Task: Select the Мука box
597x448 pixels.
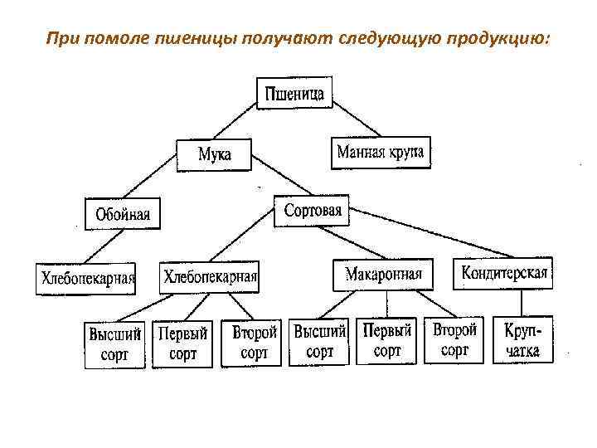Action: tap(214, 153)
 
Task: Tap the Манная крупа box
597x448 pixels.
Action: tap(381, 153)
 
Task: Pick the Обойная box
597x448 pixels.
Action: tap(123, 214)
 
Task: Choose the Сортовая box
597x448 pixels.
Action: tap(313, 211)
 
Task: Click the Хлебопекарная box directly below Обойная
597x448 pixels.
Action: tap(87, 278)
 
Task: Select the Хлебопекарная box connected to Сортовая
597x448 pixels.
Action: tap(210, 277)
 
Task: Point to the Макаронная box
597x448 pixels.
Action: tap(383, 275)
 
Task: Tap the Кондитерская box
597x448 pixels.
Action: tap(503, 273)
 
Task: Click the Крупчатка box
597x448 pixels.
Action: tap(522, 340)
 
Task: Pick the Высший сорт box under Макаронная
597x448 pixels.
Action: tap(319, 341)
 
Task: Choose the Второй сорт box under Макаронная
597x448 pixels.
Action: tap(454, 339)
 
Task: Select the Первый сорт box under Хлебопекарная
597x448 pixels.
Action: tap(183, 343)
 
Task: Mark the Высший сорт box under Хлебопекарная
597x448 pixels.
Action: tap(115, 344)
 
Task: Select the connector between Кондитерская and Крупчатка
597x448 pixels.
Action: tap(515, 303)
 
